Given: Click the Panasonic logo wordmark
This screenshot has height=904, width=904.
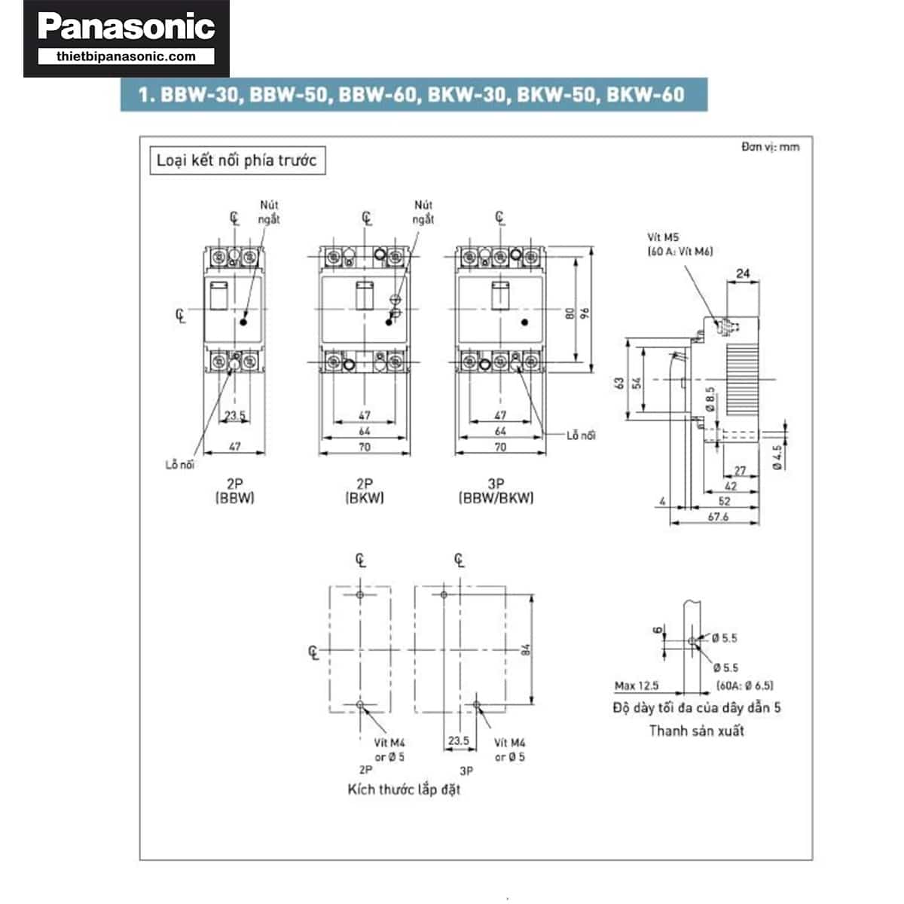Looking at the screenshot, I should point(126,27).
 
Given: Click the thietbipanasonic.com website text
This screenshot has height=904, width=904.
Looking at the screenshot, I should point(126,56).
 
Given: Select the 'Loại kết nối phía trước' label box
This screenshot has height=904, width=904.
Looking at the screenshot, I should point(237,160).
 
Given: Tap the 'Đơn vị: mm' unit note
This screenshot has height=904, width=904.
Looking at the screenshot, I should point(770,147).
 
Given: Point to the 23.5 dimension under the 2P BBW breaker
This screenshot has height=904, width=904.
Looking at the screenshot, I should point(234,415).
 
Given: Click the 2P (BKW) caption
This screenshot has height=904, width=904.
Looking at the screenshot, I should point(365,491).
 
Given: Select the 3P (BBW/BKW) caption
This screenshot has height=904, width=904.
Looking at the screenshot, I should point(496,491).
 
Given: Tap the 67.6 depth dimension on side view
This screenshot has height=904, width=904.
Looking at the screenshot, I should point(718,517).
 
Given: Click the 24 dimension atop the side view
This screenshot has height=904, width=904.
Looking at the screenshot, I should point(743,273).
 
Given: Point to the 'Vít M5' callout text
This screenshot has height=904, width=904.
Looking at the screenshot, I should point(663,237).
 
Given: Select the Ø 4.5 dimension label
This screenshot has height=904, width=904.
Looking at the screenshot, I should point(777,457).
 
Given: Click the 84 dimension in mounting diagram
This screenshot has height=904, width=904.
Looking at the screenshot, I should point(526,649).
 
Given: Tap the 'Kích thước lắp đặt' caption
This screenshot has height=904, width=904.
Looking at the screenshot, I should point(404,789).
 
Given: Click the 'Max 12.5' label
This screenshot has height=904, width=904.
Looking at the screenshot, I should point(636,686).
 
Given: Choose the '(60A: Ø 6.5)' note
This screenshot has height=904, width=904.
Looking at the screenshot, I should point(744,686).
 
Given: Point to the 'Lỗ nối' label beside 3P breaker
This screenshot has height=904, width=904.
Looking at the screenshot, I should point(581,435).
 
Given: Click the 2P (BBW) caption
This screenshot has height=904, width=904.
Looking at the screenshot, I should point(235,491).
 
